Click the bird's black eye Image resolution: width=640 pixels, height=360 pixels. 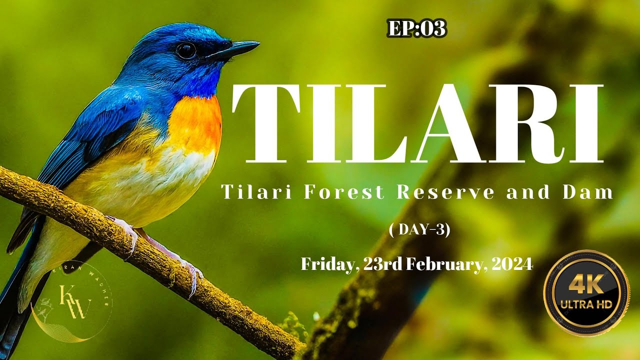tap(186, 50)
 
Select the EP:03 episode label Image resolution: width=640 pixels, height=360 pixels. tap(416, 29)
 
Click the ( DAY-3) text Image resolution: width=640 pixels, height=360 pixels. tap(419, 229)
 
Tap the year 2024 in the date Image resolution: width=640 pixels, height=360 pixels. tap(512, 264)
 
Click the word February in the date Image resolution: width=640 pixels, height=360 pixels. tap(446, 264)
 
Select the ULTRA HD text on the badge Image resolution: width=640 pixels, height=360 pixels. tap(586, 304)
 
